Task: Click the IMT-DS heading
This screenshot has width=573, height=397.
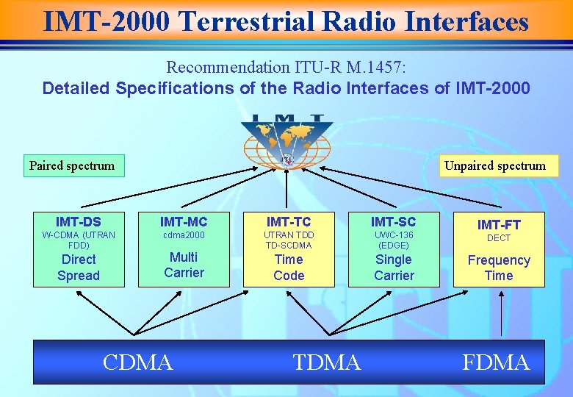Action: tap(79, 221)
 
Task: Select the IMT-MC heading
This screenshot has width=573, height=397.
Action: tap(184, 221)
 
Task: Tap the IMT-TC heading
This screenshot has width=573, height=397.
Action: tap(289, 221)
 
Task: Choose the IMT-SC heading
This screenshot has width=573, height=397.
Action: tap(394, 221)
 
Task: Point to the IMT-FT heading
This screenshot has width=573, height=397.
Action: tap(499, 224)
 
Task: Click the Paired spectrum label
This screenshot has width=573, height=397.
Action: tap(72, 165)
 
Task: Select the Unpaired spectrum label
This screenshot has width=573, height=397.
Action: tap(495, 165)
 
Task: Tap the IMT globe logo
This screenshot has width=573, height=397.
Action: tap(286, 140)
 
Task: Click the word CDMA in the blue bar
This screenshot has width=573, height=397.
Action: tap(138, 362)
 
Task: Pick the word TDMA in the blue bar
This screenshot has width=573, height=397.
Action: tap(327, 362)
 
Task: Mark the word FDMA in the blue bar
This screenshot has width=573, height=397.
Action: tap(496, 362)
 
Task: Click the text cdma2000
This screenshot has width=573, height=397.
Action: tap(184, 235)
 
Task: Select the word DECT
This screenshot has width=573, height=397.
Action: tap(499, 238)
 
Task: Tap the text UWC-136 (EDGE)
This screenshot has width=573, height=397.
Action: tap(394, 240)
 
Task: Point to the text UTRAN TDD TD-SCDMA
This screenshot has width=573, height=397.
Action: tap(289, 240)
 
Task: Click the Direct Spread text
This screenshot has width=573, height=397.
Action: tap(79, 268)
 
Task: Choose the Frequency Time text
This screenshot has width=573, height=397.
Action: tap(499, 268)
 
